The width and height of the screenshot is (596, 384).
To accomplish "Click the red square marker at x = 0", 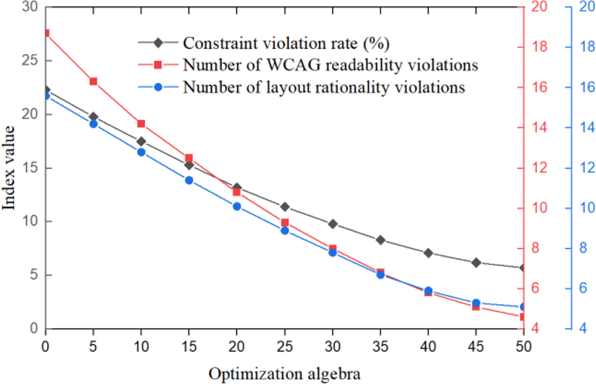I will tap(46, 33).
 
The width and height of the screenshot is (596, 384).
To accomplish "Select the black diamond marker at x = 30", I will tap(333, 224).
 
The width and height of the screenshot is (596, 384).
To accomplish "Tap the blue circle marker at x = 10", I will tap(141, 152).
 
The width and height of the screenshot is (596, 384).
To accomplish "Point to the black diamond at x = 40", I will tap(428, 253).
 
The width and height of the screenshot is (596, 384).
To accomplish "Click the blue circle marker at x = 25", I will tap(285, 230).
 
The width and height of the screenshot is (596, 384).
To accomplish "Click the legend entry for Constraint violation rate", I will tap(285, 43).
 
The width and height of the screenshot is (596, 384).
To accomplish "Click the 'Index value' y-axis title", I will tap(10, 168).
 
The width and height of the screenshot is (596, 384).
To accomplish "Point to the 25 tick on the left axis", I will tap(30, 61).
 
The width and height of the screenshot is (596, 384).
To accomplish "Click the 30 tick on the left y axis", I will tap(30, 7).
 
